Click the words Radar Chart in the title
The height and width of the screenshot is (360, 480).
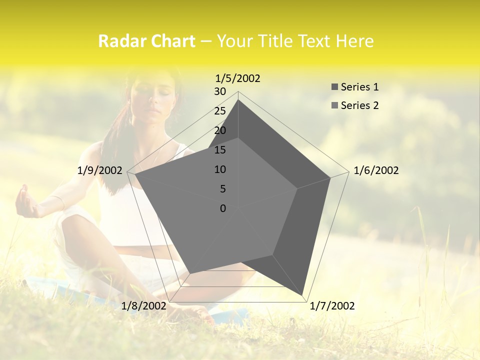click(146, 41)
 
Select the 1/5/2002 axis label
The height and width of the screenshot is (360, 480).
click(237, 78)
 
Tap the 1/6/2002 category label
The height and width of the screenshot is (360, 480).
click(376, 170)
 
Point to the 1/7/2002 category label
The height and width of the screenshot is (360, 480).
click(332, 306)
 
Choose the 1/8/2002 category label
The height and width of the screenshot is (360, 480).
click(143, 306)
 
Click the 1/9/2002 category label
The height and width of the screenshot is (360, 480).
click(100, 170)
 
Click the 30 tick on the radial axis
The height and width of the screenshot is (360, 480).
click(220, 91)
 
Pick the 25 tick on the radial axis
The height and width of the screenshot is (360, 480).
click(220, 111)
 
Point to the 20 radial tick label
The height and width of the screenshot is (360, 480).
click(220, 130)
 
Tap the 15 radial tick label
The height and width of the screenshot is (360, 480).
click(220, 150)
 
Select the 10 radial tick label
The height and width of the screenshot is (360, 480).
click(220, 169)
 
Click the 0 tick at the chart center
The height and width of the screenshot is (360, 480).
click(223, 208)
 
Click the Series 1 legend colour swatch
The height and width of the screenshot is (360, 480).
click(334, 87)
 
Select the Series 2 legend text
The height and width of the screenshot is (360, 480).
click(359, 105)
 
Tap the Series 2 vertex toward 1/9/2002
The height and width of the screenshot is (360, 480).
click(135, 175)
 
